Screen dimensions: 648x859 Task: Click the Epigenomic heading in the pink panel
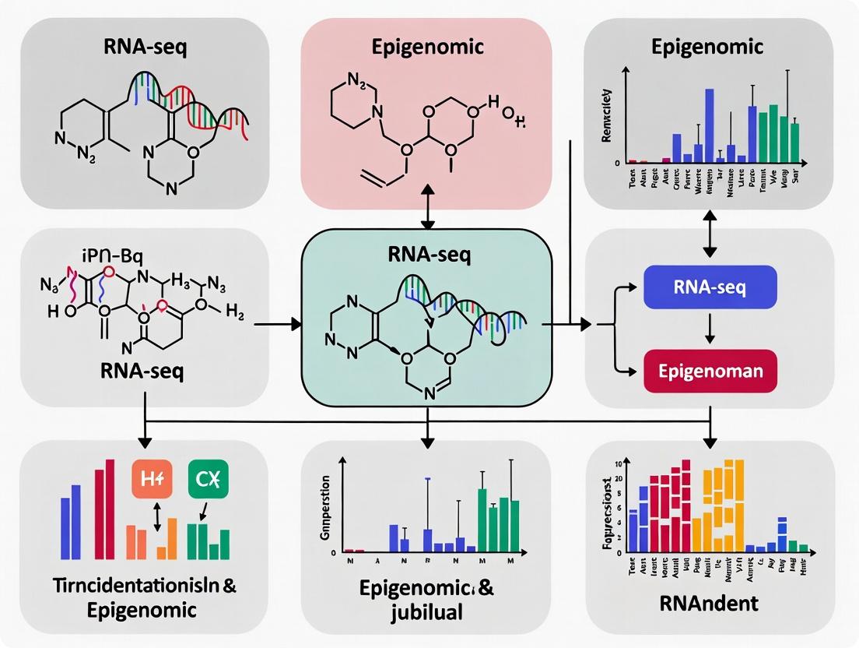coord(427,46)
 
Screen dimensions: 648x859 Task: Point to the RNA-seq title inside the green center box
coord(427,256)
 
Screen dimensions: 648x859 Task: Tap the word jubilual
coord(427,611)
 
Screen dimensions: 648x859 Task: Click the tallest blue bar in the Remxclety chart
coord(709,125)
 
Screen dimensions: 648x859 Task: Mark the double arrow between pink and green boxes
coord(427,207)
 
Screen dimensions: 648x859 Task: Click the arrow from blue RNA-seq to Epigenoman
coord(710,329)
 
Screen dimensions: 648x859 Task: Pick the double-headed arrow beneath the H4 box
coord(158,518)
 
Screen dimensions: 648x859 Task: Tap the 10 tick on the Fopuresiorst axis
coord(618,465)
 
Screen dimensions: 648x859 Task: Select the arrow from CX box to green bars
coord(204,511)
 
